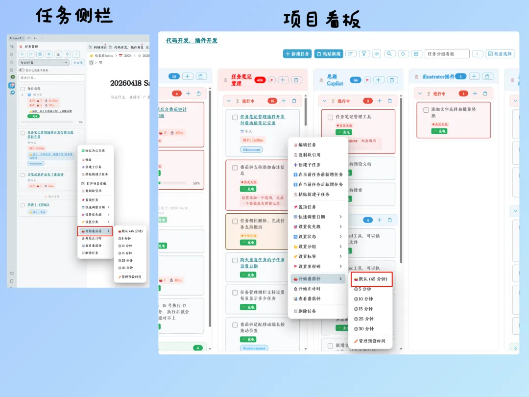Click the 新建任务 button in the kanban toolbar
tap(297, 54)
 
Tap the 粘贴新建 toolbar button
tap(328, 54)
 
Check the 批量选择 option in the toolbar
tap(500, 54)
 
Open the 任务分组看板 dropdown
tap(447, 54)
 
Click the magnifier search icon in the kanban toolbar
tap(390, 54)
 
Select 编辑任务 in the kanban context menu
tap(307, 145)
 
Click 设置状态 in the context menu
tap(307, 237)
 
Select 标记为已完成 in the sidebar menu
tap(95, 150)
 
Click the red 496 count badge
tap(260, 80)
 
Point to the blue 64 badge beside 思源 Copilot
tap(356, 80)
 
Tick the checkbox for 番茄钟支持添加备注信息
tap(235, 168)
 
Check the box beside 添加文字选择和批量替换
tap(426, 110)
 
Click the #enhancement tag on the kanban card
tap(254, 348)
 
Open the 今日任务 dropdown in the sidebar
tap(44, 63)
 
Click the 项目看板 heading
tap(322, 19)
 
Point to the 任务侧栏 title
tap(73, 16)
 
